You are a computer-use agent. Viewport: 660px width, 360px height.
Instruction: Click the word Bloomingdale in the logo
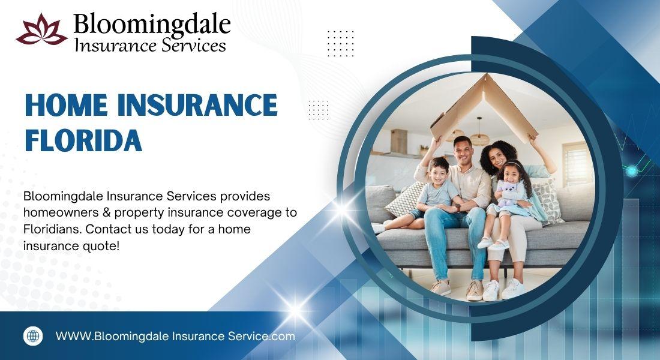point(152,25)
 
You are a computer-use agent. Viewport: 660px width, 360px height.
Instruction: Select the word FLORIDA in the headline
point(83,140)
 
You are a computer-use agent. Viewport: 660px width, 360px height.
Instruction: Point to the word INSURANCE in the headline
point(197,105)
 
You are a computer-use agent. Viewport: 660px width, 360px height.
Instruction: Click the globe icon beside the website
point(33,336)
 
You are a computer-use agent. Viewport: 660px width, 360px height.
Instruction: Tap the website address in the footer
point(175,337)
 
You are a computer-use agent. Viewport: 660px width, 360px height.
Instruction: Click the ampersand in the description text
point(106,212)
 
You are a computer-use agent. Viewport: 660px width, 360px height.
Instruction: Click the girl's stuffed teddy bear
point(508,193)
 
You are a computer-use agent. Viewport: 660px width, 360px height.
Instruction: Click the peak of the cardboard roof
point(486,75)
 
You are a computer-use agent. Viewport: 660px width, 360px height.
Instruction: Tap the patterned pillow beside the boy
point(404,200)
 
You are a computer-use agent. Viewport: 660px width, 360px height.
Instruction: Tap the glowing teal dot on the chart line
point(632,171)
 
